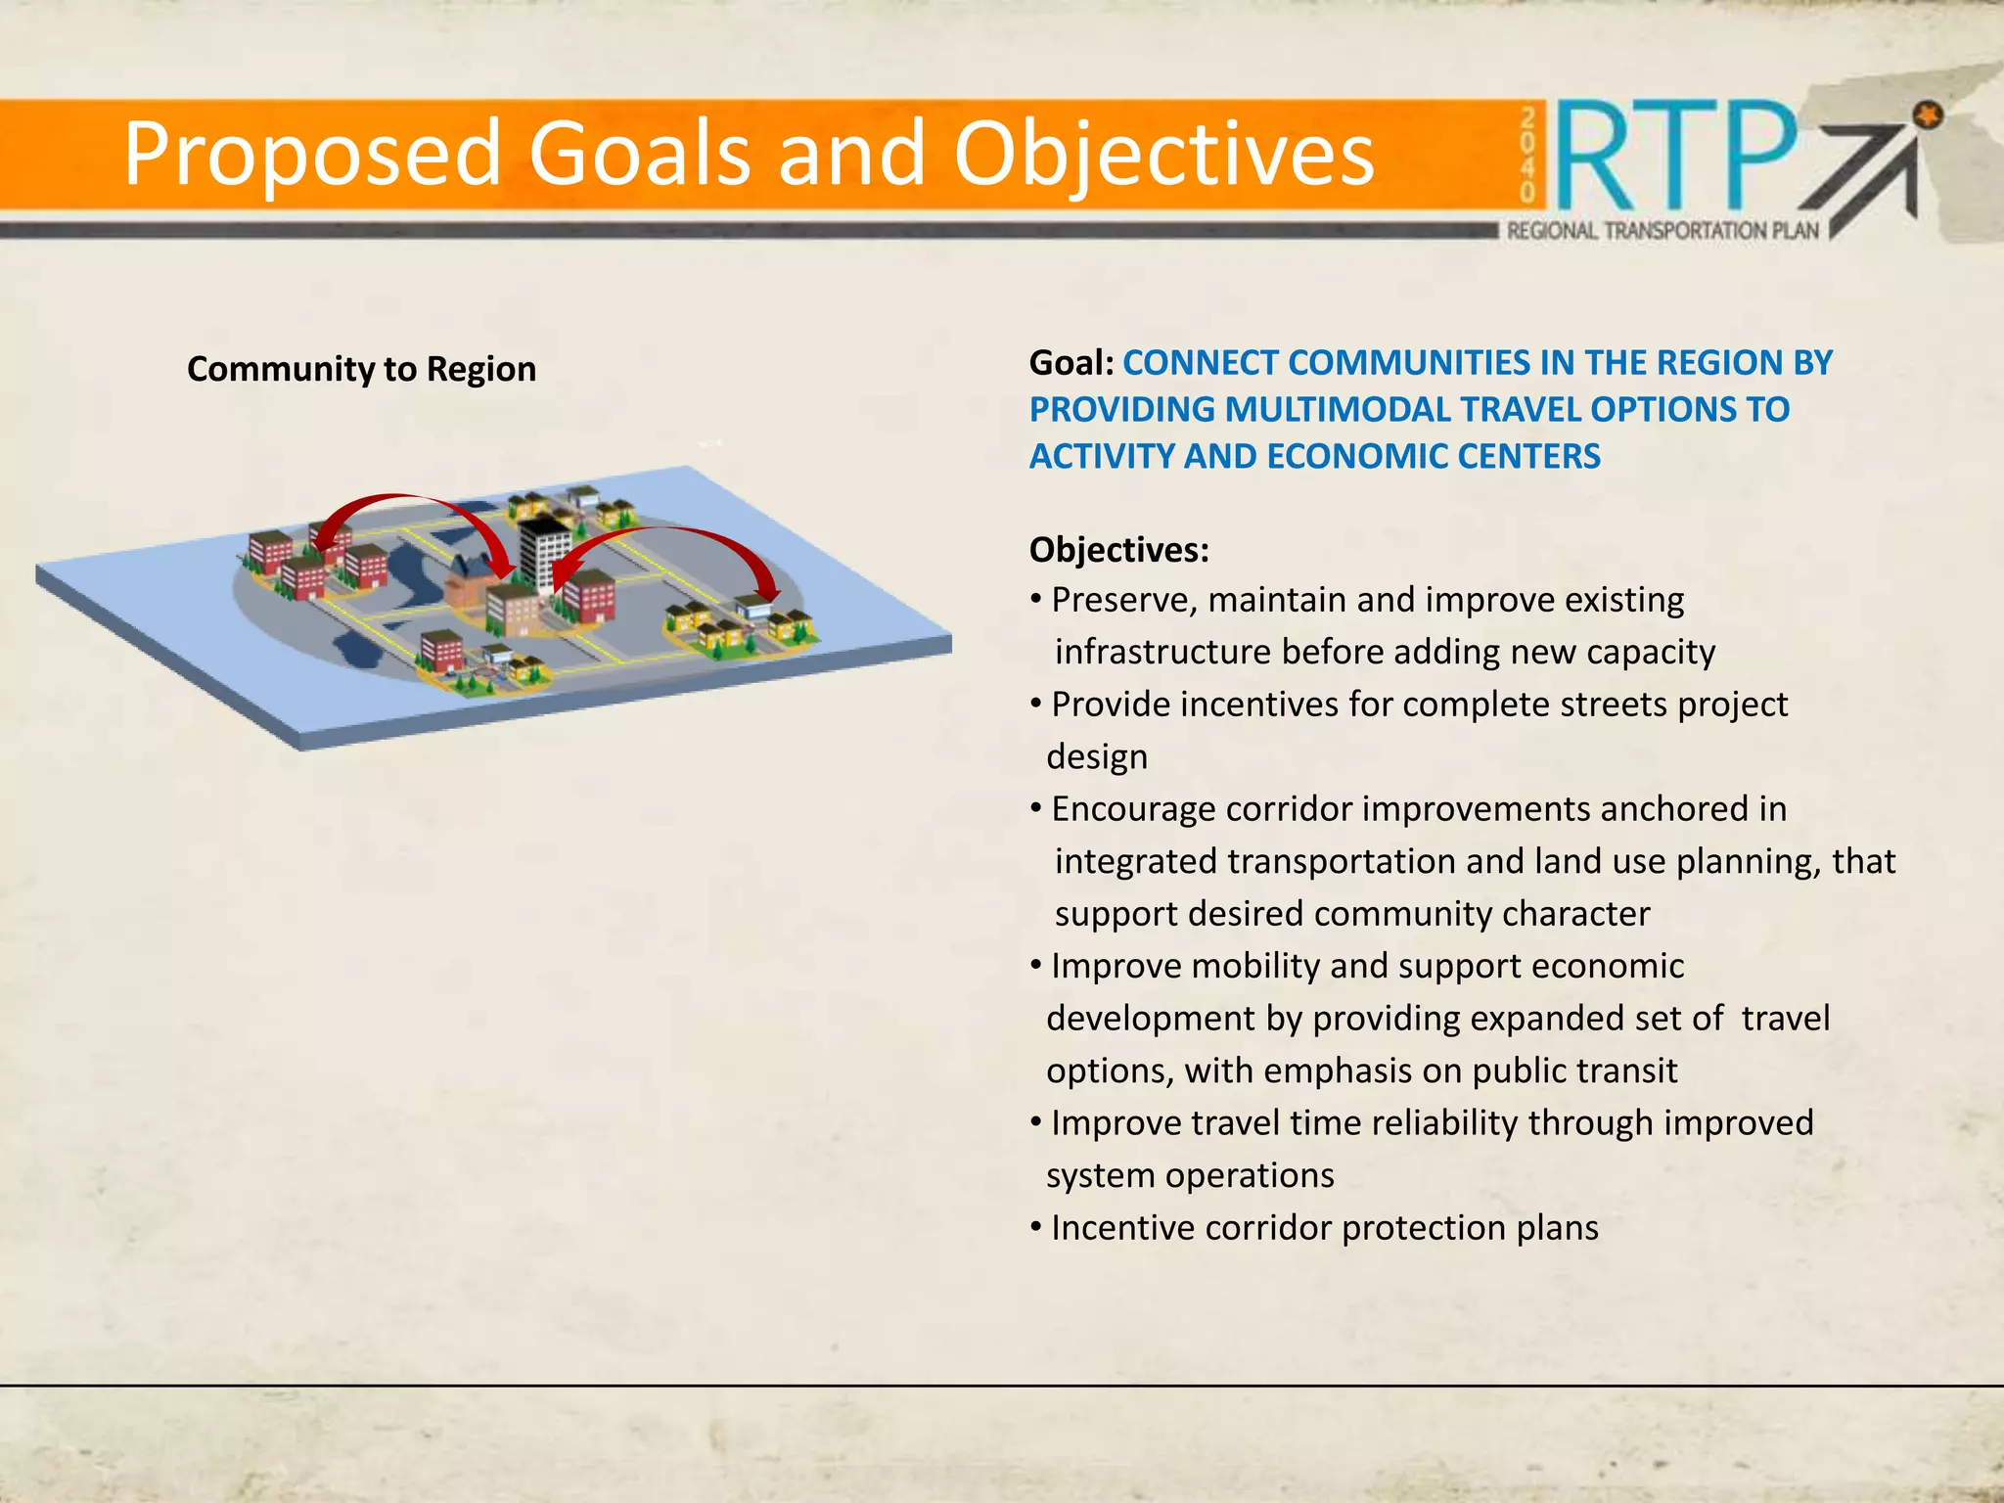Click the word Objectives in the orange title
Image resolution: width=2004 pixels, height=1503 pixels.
(x=1162, y=155)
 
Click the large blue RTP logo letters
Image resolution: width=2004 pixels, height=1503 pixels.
(x=1675, y=157)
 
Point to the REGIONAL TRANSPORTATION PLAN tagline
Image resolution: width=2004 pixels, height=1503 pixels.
(x=1662, y=231)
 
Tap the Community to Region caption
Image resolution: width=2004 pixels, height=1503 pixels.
(x=361, y=369)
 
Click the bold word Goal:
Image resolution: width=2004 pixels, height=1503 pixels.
(x=1071, y=363)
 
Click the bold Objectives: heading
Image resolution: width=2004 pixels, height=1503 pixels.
(x=1118, y=550)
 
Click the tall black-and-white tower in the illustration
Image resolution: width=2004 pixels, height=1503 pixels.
(x=544, y=553)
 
